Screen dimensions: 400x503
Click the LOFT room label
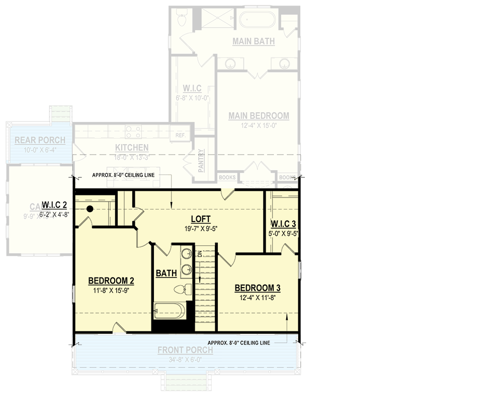(200, 219)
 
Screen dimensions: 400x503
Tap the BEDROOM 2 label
(111, 281)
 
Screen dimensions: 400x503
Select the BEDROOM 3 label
(258, 288)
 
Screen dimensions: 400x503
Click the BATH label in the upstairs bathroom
(166, 274)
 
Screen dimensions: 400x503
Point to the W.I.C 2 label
(55, 205)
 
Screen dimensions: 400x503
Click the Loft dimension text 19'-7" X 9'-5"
(200, 228)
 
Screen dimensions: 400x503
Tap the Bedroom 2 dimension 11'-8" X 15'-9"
(111, 290)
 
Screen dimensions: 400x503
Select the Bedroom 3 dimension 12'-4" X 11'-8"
(258, 297)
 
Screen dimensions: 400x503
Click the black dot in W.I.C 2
(90, 209)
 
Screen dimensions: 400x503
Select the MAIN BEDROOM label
(259, 116)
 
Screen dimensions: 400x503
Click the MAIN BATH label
(254, 41)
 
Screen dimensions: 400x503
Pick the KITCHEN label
(132, 148)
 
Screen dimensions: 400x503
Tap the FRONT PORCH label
(185, 350)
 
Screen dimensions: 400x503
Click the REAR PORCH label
(40, 140)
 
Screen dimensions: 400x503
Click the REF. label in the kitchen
(180, 136)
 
